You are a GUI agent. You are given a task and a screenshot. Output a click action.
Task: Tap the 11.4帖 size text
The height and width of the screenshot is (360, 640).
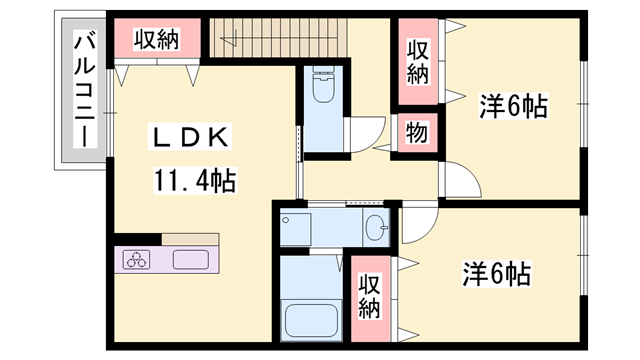pos(194,181)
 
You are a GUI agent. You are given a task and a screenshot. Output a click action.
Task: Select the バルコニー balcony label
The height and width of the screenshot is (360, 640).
pos(85,90)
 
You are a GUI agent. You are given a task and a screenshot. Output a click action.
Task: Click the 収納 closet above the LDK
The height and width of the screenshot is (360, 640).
pos(156,40)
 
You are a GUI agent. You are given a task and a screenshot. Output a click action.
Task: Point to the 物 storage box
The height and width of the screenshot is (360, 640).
pos(414,133)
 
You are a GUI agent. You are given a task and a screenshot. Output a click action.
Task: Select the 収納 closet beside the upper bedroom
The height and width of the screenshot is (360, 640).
pos(417,62)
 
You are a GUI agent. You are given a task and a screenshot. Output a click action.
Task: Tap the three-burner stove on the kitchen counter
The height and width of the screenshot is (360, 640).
pos(135,260)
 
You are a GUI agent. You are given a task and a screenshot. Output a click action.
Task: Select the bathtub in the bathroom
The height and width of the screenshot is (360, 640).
pos(313,319)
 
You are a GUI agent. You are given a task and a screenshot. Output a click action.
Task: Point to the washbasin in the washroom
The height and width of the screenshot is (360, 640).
pos(375,228)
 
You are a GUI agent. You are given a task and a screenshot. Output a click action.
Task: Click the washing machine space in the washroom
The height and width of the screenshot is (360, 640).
pos(297,228)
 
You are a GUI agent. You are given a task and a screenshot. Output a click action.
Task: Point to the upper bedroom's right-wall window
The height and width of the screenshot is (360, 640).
pos(583,105)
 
